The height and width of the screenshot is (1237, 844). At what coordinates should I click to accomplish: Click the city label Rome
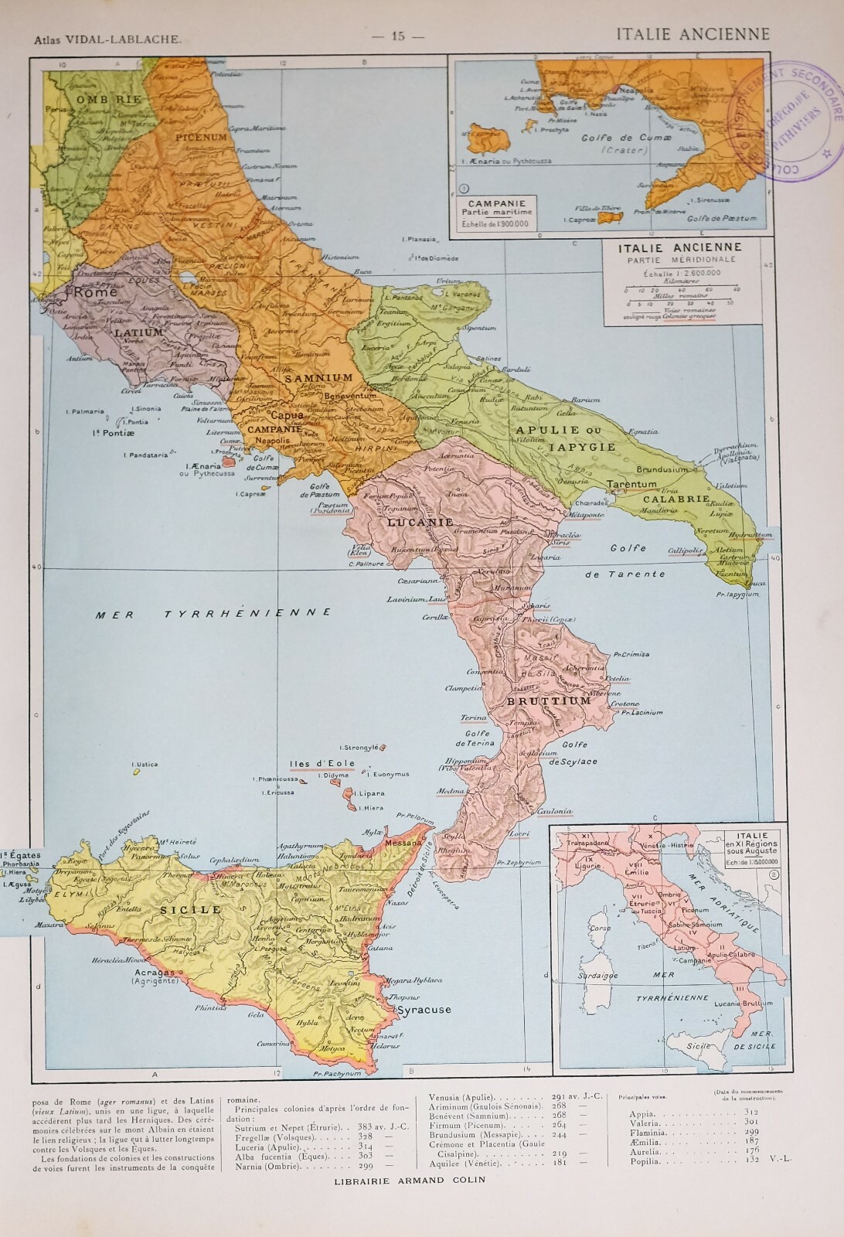(x=95, y=292)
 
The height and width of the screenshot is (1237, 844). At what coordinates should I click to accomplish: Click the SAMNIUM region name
(x=318, y=378)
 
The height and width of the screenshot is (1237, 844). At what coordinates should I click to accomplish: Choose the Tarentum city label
(x=632, y=484)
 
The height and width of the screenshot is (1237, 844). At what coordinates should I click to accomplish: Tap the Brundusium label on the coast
(x=662, y=469)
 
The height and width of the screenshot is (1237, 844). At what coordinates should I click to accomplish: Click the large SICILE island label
(x=190, y=910)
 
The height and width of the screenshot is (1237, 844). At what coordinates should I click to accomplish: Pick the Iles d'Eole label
(x=322, y=764)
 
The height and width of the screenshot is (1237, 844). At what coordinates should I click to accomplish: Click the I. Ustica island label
(x=145, y=764)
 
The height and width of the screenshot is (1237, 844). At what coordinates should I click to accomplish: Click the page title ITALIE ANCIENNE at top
(x=693, y=33)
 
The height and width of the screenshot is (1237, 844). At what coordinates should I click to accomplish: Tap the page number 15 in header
(x=399, y=36)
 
